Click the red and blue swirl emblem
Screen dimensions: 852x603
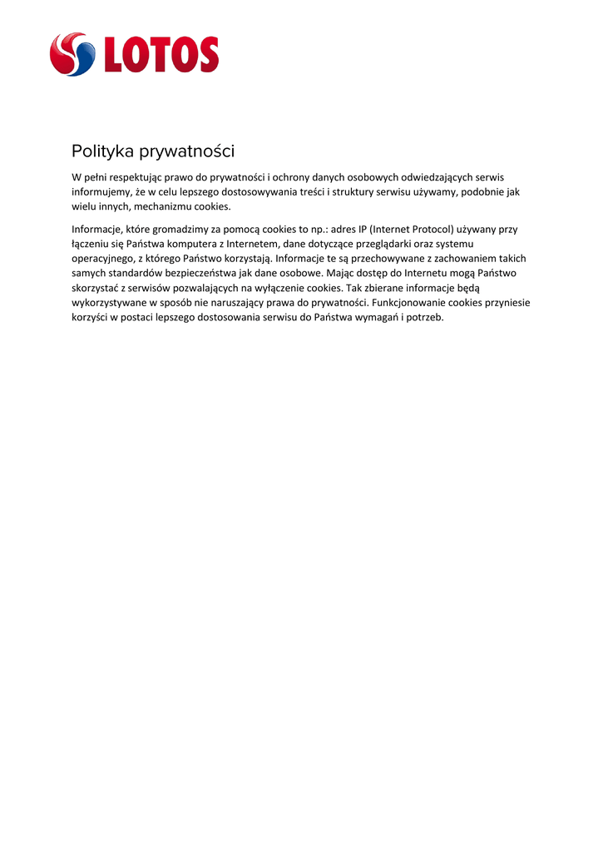click(72, 54)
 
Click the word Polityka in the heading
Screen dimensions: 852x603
click(102, 151)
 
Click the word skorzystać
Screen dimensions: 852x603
click(97, 288)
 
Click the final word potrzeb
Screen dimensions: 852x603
click(424, 318)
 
